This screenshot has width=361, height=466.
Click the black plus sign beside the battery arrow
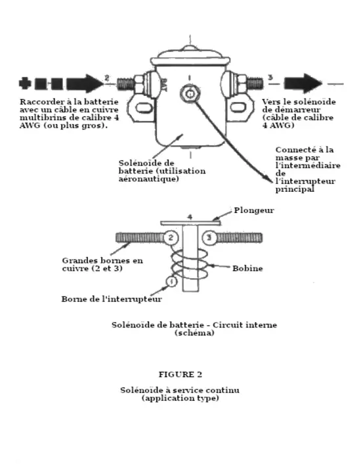25,83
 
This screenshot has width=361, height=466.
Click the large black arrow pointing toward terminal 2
85,83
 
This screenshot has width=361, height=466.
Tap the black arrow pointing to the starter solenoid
303,83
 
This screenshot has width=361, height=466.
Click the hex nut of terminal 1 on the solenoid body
190,94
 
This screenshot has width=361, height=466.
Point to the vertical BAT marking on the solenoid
163,85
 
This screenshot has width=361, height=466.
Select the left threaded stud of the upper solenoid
126,84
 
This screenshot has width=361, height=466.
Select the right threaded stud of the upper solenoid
255,83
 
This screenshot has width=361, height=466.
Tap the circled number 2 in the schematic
171,238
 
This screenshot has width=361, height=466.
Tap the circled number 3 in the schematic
209,238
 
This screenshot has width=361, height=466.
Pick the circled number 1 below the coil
171,281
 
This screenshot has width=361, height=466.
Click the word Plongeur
254,210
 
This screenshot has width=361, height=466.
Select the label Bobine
247,268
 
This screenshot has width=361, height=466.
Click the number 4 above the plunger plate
190,218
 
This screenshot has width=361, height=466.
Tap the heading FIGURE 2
180,375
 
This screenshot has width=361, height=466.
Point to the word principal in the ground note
295,189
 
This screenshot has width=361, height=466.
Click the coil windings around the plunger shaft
189,264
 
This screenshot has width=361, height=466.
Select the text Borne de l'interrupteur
112,299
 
